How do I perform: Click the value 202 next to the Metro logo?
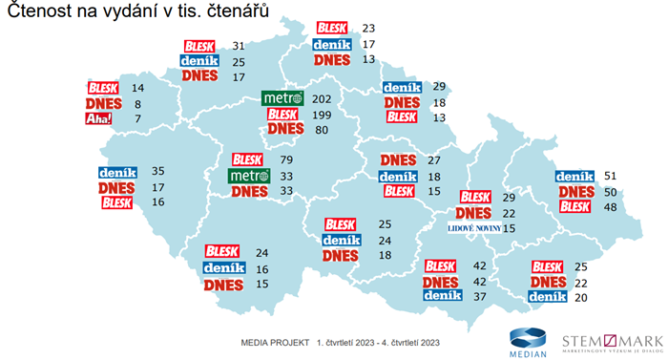[x=322, y=98]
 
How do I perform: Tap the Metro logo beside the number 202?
[x=283, y=98]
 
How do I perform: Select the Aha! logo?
[x=99, y=118]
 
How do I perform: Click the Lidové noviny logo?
[x=472, y=228]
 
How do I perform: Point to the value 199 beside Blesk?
[x=322, y=115]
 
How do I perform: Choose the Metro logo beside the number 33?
[x=249, y=176]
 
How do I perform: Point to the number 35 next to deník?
[x=157, y=172]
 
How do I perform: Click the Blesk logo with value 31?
[x=199, y=46]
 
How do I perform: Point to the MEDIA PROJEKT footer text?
[x=276, y=341]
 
